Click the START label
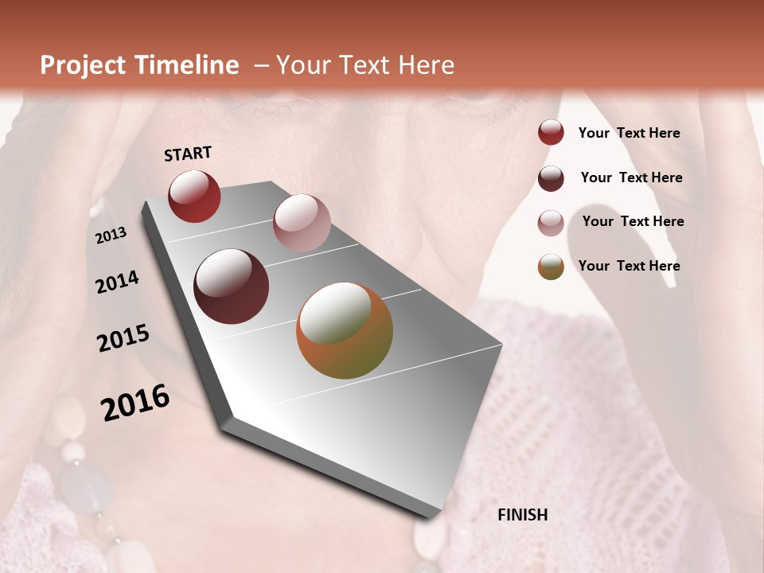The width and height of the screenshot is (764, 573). click(x=188, y=154)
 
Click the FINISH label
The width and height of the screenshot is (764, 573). click(x=522, y=515)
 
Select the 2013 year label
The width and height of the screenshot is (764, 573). click(x=111, y=236)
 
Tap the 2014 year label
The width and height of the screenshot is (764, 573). click(x=117, y=282)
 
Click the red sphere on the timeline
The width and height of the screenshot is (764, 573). click(x=194, y=197)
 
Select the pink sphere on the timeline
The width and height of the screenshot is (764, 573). click(x=302, y=223)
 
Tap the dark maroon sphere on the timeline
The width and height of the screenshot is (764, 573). click(x=232, y=286)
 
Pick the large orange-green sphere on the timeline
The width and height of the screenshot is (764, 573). click(x=345, y=330)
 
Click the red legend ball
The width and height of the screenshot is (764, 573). click(x=551, y=133)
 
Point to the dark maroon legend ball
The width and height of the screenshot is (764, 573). click(x=551, y=178)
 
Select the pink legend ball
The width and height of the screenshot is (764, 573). click(x=551, y=223)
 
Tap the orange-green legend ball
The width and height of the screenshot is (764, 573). click(x=551, y=267)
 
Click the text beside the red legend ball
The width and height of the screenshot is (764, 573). click(x=629, y=133)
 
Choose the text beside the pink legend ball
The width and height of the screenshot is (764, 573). click(x=633, y=221)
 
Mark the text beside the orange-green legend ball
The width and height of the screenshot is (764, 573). click(x=629, y=266)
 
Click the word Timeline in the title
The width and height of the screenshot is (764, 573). click(x=186, y=65)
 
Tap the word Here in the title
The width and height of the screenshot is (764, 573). click(x=426, y=65)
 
